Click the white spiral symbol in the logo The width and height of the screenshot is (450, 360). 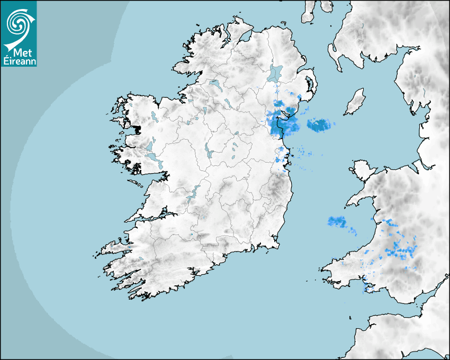(18, 23)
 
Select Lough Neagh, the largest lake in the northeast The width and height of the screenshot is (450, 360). (276, 73)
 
